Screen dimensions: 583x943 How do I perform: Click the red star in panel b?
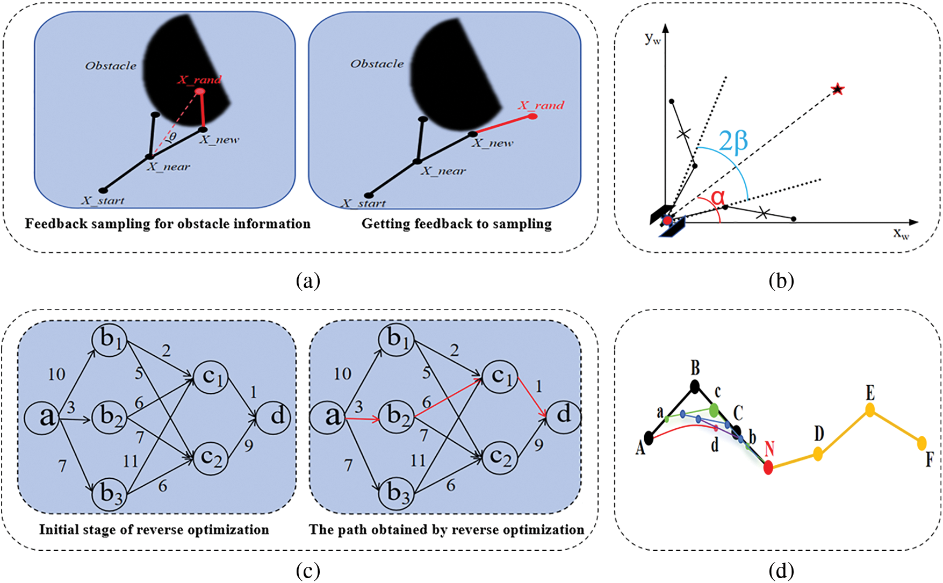point(837,89)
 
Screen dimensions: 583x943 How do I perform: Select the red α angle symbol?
point(717,198)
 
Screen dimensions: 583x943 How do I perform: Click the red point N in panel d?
point(768,467)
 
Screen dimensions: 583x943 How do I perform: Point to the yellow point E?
point(870,411)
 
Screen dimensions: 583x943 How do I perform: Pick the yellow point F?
point(922,443)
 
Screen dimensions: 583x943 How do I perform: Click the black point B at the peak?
point(695,386)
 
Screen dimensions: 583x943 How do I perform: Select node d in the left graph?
point(273,416)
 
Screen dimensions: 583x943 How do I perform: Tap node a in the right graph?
point(327,416)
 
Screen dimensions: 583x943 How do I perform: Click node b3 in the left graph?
point(109,492)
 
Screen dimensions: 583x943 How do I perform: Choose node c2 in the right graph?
point(500,457)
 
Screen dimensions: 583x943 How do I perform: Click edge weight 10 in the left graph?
point(56,374)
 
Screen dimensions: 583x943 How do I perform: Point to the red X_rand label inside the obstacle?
point(199,80)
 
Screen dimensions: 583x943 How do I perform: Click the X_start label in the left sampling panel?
point(103,201)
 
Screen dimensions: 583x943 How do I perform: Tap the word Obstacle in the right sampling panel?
point(377,64)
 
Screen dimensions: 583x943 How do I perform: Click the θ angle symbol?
point(172,137)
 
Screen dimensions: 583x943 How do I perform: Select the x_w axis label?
point(901,233)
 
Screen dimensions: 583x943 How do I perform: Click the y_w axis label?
point(652,38)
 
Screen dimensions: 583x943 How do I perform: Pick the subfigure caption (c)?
point(308,571)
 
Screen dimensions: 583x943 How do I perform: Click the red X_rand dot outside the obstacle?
point(532,116)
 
